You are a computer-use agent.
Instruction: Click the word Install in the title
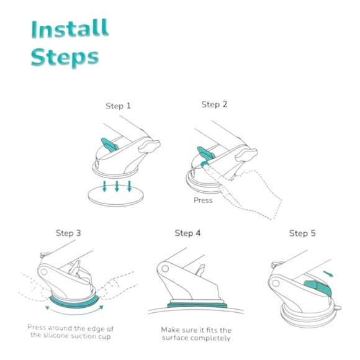click(x=70, y=29)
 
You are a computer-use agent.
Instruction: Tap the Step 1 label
click(x=118, y=106)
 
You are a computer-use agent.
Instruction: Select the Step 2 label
click(x=214, y=104)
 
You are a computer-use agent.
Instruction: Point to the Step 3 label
click(x=68, y=233)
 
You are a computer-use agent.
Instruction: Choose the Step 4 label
click(x=187, y=233)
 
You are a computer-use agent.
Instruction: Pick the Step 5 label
click(x=302, y=233)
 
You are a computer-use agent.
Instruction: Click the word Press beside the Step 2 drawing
click(x=203, y=200)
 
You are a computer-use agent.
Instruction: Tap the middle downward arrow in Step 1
click(x=117, y=186)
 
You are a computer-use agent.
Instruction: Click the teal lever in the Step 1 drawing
click(x=110, y=145)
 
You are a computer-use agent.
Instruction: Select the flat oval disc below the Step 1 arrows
click(x=115, y=196)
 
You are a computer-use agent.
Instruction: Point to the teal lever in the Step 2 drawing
click(x=205, y=153)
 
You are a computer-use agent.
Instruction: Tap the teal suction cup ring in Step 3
click(x=74, y=304)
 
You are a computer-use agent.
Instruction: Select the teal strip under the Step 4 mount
click(x=197, y=305)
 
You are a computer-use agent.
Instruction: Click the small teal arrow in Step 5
click(x=328, y=274)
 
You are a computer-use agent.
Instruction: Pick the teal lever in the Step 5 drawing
click(x=319, y=287)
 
